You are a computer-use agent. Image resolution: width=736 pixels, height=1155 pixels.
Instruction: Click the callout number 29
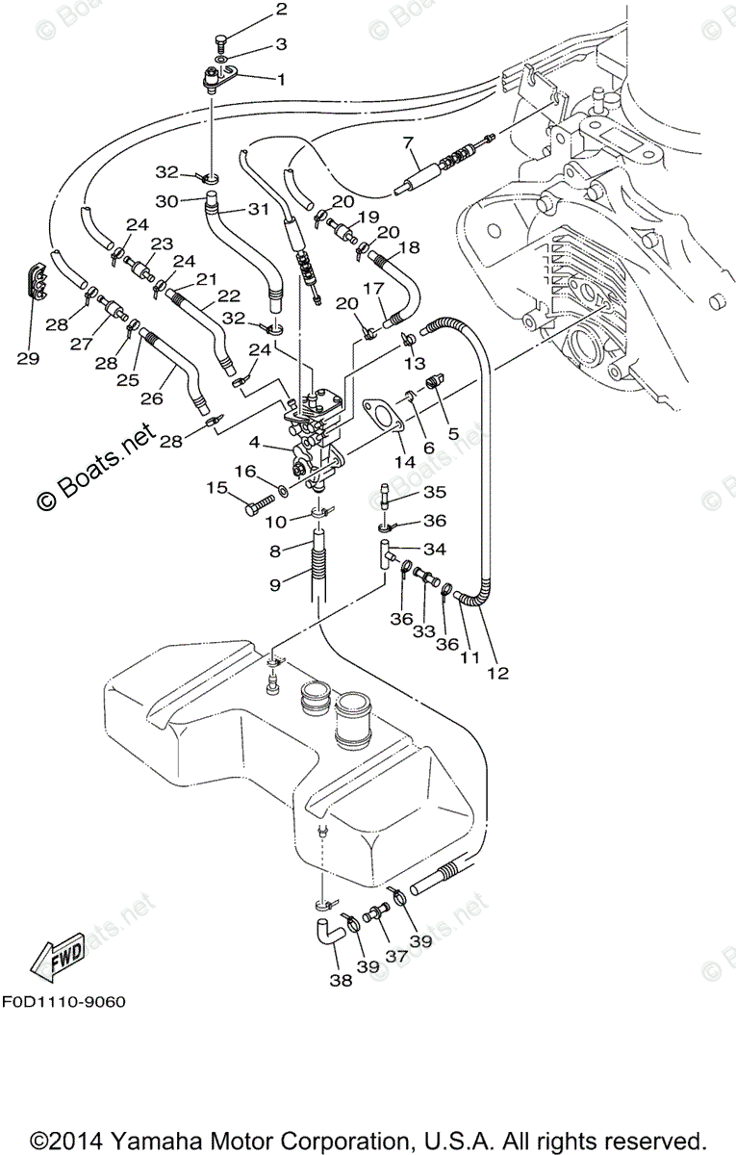tap(28, 358)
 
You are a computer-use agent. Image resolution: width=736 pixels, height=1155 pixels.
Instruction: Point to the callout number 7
tap(408, 142)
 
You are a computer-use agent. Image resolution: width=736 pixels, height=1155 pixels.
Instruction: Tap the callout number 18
tap(409, 247)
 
